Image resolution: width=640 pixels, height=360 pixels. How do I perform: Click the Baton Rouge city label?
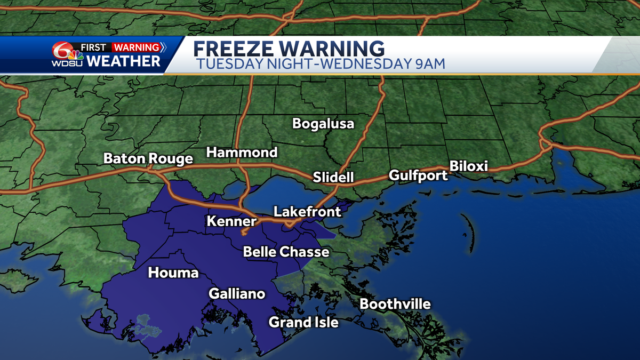(148, 159)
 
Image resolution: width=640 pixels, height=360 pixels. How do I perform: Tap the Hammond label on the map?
(242, 153)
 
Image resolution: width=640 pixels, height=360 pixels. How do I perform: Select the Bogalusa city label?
(323, 124)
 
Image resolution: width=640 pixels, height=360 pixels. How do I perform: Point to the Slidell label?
(333, 177)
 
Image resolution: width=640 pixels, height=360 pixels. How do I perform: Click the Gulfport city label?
(418, 175)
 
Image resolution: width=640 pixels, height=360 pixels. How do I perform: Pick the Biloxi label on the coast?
(469, 166)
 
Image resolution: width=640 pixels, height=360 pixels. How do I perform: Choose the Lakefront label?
(307, 212)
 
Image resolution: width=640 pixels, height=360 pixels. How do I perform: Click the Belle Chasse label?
(286, 252)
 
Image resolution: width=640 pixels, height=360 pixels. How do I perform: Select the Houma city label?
(173, 273)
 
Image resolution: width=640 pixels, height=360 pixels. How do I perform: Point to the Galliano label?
(237, 293)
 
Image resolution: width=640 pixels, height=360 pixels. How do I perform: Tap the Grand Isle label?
(303, 322)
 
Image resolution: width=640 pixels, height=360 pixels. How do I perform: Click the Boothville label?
(395, 305)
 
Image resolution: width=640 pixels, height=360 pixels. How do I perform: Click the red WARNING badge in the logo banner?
(136, 47)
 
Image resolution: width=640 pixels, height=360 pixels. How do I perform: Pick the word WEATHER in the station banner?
(123, 61)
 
